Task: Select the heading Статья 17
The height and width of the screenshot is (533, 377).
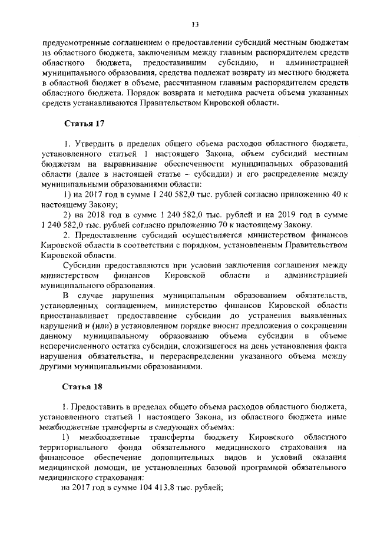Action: click(x=82, y=123)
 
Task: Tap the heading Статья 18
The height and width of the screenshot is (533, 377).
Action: click(x=82, y=386)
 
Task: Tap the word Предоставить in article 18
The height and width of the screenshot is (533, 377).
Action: click(x=98, y=406)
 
